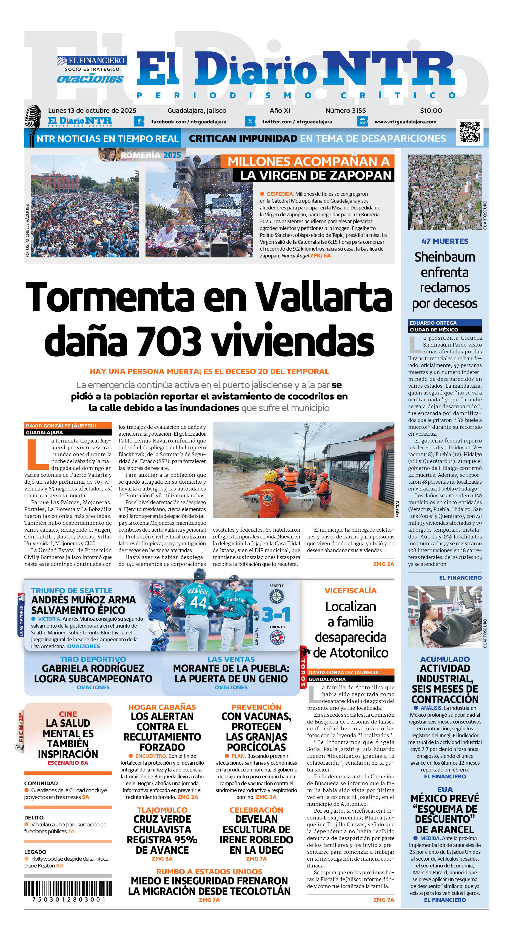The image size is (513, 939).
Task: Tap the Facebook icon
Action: click(x=139, y=121)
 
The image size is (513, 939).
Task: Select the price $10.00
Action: click(x=431, y=110)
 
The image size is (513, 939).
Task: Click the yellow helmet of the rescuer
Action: click(x=270, y=475)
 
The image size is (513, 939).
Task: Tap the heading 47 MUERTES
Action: click(x=444, y=241)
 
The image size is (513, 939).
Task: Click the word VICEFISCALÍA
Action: click(x=350, y=591)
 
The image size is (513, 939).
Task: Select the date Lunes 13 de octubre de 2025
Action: click(x=92, y=110)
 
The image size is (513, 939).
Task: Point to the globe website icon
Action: click(x=362, y=121)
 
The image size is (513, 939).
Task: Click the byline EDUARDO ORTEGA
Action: click(x=433, y=323)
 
